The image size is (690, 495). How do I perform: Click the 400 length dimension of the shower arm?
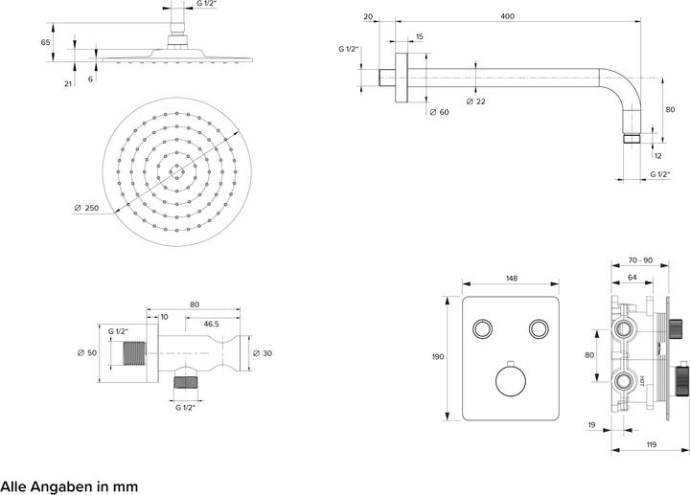[507, 16]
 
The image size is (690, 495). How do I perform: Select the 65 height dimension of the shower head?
[46, 43]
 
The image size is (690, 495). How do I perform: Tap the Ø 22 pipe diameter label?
[475, 101]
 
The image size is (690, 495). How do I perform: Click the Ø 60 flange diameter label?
[439, 113]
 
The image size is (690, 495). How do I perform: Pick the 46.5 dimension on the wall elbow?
[211, 324]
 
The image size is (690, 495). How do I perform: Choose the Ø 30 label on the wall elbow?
[264, 354]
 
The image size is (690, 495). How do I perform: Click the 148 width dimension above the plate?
[511, 279]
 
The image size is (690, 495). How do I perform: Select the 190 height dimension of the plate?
[438, 357]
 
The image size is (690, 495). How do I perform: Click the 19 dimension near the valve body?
[592, 424]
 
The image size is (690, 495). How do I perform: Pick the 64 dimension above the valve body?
[633, 279]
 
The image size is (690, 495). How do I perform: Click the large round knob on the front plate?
[510, 380]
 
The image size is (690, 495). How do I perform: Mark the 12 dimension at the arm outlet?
[657, 155]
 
